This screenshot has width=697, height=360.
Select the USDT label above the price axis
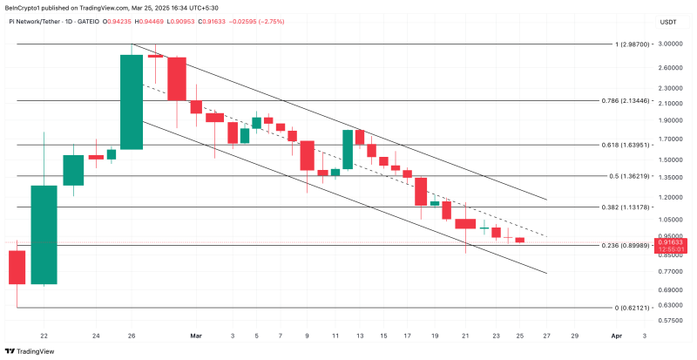point(668,21)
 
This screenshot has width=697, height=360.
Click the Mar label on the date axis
point(196,335)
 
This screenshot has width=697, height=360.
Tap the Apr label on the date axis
point(616,335)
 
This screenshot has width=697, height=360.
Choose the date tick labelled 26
point(131,335)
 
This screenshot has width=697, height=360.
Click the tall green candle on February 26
point(132,102)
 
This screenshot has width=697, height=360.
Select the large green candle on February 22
point(44,234)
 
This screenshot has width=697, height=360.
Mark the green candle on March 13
point(348,149)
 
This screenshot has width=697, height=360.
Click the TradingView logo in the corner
point(30,350)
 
